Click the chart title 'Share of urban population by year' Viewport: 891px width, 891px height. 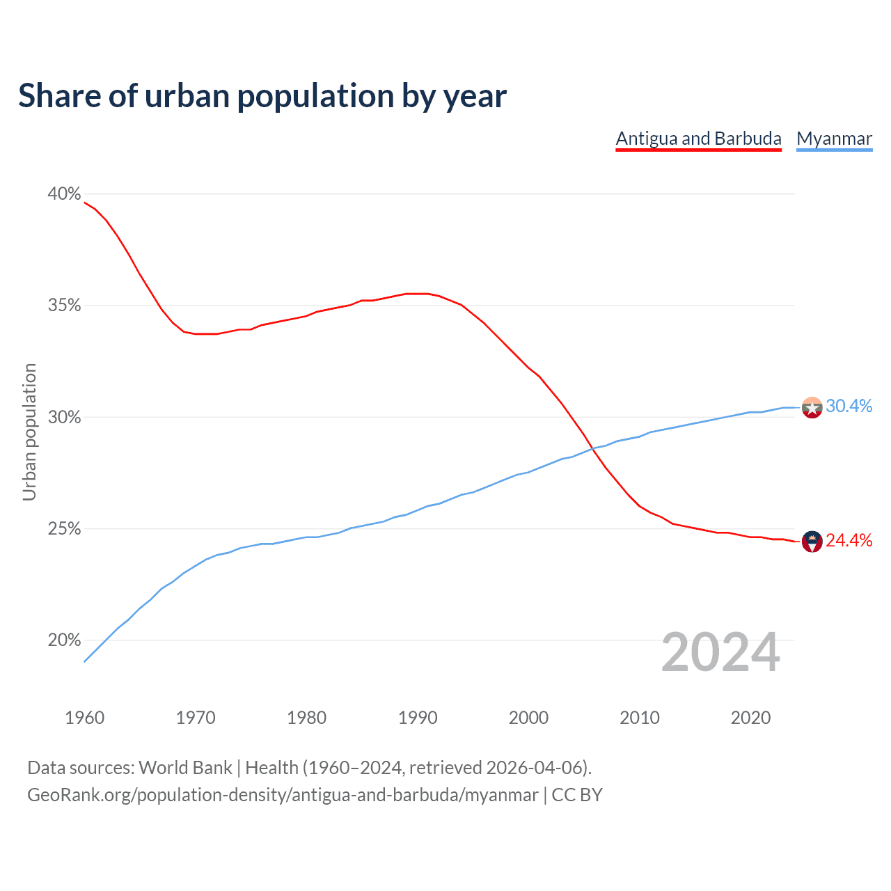coord(262,96)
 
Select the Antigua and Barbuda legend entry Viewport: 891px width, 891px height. coord(698,139)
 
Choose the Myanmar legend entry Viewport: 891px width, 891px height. coord(834,139)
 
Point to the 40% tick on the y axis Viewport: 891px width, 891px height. coord(64,194)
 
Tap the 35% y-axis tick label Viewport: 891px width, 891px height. coord(64,306)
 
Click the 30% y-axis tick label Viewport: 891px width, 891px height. coord(64,417)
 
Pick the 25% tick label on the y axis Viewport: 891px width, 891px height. coord(64,529)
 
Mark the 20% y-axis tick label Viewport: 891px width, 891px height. coord(64,640)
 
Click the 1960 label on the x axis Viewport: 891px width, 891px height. coord(84,718)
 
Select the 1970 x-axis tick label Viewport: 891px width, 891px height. coord(196,718)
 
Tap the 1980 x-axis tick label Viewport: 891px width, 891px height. coord(306,718)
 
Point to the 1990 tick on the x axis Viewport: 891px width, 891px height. coord(418,718)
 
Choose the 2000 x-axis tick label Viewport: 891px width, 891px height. coord(528,718)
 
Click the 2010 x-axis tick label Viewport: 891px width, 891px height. coord(640,718)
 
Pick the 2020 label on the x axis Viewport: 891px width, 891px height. coord(750,718)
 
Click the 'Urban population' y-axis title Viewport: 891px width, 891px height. coord(29,432)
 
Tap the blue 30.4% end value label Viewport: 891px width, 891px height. coord(849,407)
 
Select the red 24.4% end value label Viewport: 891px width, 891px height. coord(849,541)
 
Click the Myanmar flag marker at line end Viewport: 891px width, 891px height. coord(812,407)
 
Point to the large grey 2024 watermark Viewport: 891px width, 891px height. coord(720,652)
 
